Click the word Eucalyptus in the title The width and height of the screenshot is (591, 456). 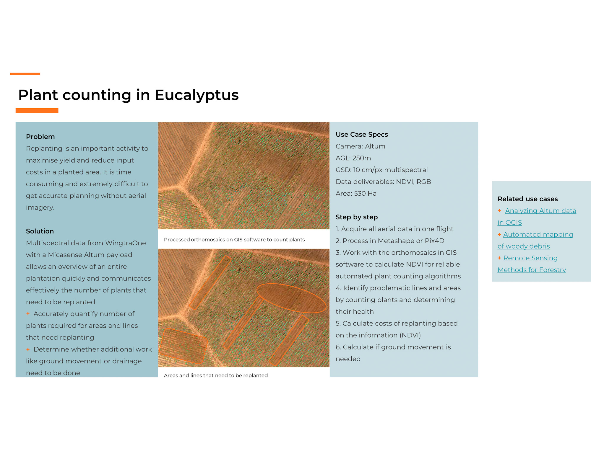click(x=197, y=95)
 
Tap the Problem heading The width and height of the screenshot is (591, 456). click(x=40, y=137)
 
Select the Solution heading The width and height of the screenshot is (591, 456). click(x=40, y=231)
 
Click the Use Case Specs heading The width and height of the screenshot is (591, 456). click(x=362, y=135)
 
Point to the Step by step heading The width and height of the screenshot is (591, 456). click(x=357, y=217)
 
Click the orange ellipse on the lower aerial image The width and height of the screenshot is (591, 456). click(x=291, y=298)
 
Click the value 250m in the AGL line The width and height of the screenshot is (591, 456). click(x=362, y=158)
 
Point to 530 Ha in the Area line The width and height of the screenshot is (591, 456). click(x=365, y=194)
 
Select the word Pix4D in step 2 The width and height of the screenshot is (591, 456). click(x=434, y=241)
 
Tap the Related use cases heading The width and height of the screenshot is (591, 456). click(x=527, y=199)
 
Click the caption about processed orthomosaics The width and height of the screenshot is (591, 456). click(x=234, y=240)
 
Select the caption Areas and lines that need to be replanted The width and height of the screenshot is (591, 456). click(x=216, y=375)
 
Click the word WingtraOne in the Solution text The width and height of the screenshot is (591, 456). click(x=126, y=243)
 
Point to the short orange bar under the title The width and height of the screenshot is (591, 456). click(x=37, y=111)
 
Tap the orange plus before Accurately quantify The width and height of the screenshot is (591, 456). click(x=28, y=314)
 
